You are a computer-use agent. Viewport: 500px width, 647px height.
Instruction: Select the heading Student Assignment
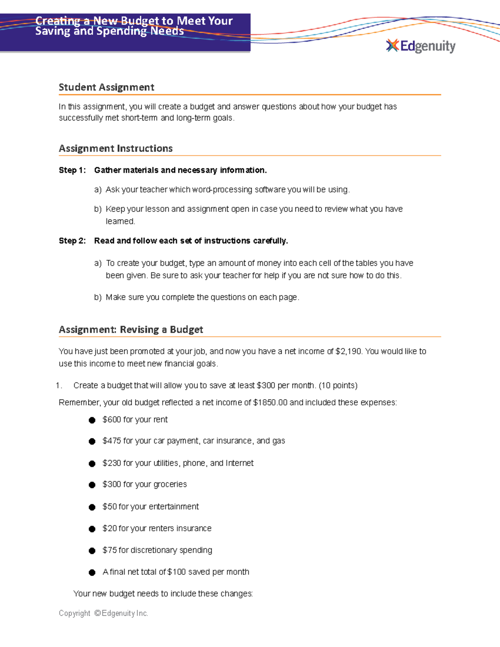pyautogui.click(x=106, y=87)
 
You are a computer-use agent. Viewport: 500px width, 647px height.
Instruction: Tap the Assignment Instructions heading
pyautogui.click(x=115, y=148)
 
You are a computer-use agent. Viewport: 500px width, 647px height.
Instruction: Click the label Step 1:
pyautogui.click(x=72, y=170)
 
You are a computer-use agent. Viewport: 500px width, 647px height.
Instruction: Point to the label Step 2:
pyautogui.click(x=72, y=241)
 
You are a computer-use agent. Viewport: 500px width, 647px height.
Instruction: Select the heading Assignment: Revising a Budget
pyautogui.click(x=131, y=330)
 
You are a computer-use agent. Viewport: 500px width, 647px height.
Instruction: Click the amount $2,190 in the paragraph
pyautogui.click(x=348, y=351)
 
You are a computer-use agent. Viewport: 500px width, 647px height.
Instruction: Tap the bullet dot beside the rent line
pyautogui.click(x=92, y=420)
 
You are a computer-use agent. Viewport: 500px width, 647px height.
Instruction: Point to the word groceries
pyautogui.click(x=170, y=484)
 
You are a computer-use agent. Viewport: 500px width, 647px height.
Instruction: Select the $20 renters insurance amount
pyautogui.click(x=110, y=528)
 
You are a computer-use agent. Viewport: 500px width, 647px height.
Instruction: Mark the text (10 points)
pyautogui.click(x=338, y=385)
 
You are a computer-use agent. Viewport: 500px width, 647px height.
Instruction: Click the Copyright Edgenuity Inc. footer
pyautogui.click(x=103, y=613)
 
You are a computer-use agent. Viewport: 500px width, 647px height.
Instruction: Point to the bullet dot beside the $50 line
pyautogui.click(x=92, y=507)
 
